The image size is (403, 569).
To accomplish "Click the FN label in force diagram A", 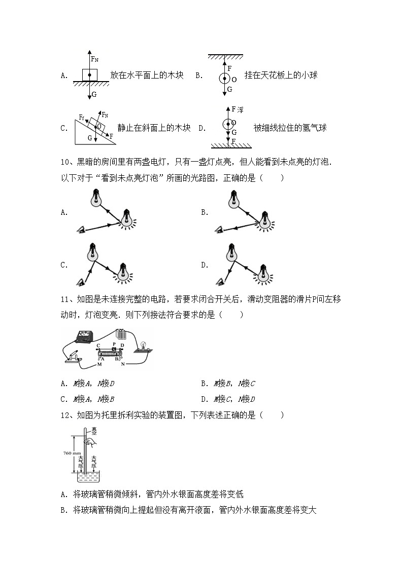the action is pos(94,59).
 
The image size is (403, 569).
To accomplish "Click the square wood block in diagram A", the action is pos(89,74).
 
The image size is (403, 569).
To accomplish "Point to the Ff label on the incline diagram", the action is pos(81,117).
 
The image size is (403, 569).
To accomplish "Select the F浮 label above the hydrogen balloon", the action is pos(237,109).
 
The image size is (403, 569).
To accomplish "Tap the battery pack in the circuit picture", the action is pos(121,334).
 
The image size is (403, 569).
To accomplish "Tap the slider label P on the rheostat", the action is pos(114,344).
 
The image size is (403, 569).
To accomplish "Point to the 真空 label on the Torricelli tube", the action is pos(93,432).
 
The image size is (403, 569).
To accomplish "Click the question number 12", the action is pos(65,415).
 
